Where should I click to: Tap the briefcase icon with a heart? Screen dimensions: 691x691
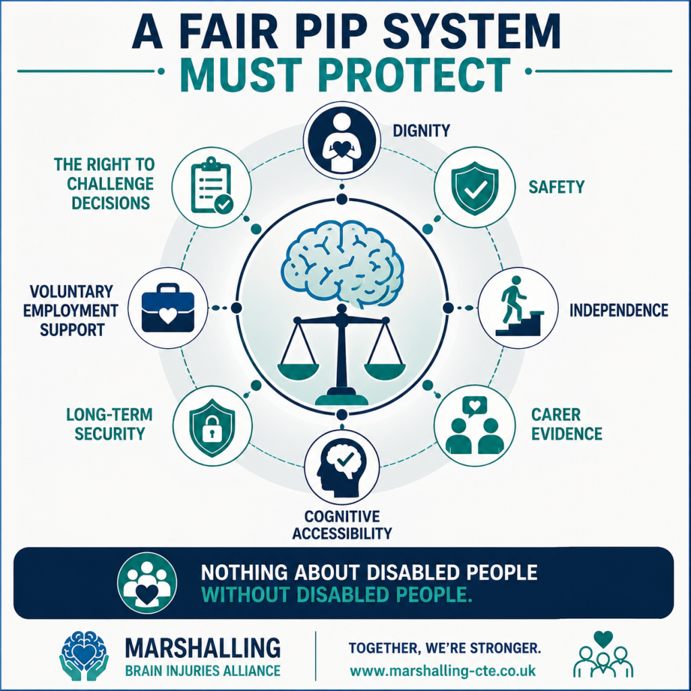point(167,308)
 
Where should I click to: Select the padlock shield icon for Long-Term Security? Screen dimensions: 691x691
point(212,427)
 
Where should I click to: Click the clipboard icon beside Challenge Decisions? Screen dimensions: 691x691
point(211,186)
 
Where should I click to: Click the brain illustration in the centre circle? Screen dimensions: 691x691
point(342,265)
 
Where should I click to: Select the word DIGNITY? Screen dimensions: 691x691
point(421,131)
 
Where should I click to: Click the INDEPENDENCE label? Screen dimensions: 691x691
point(619,310)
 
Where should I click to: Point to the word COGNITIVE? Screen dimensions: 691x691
point(342,516)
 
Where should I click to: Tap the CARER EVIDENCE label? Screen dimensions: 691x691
point(566,424)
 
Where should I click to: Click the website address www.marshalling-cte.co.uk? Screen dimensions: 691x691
point(443,671)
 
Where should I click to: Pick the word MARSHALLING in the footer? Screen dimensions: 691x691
point(202,648)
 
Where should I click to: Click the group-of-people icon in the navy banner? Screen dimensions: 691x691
point(146,582)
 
